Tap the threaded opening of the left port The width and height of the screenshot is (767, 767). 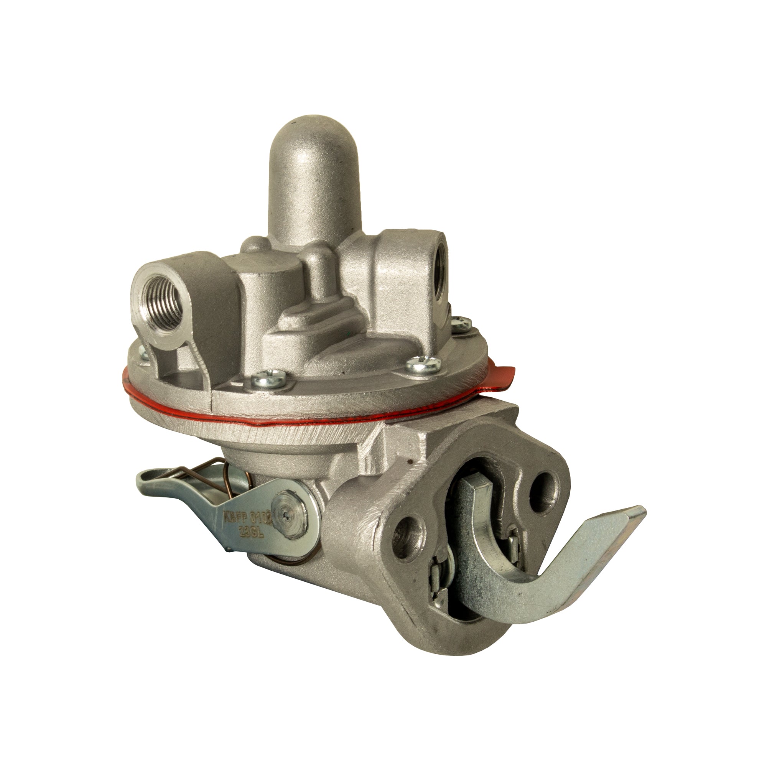[161, 295]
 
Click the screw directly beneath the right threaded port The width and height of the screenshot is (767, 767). [462, 324]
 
